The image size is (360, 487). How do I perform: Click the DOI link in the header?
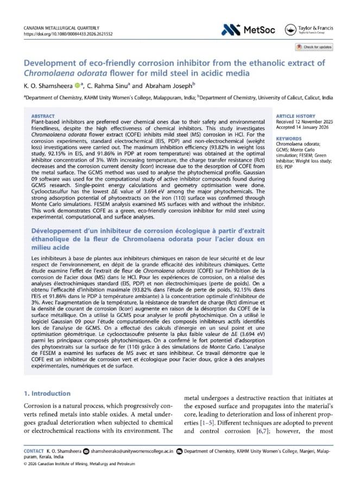(x=68, y=34)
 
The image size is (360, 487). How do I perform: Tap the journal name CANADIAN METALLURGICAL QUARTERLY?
(x=60, y=27)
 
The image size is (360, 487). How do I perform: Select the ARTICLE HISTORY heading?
(x=296, y=116)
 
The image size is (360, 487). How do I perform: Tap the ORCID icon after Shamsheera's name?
(x=78, y=85)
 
